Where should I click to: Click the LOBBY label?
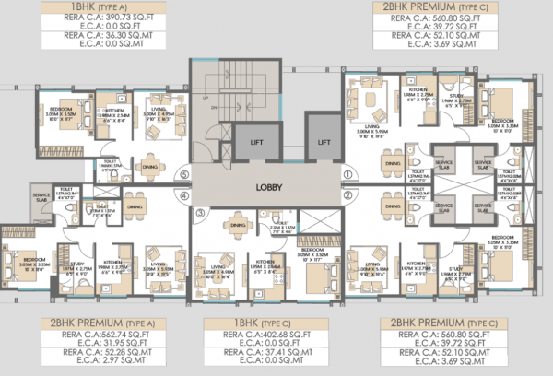(269, 186)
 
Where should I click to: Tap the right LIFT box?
(323, 143)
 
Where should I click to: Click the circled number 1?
(347, 173)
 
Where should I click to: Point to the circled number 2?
(347, 195)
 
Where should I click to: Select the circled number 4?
(184, 195)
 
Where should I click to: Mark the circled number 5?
(184, 173)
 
